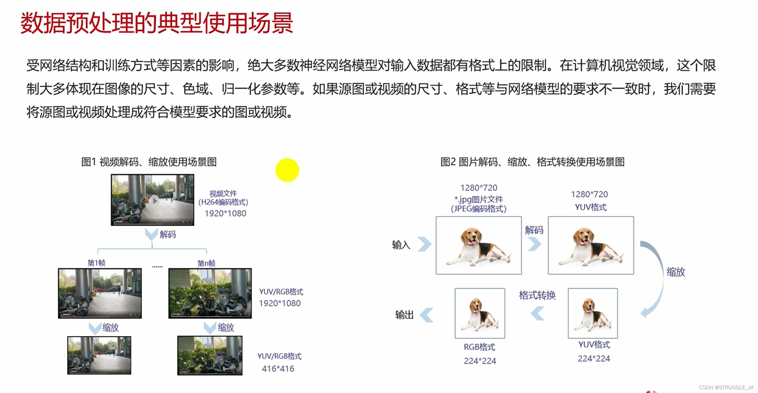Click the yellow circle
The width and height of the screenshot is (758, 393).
pos(287,170)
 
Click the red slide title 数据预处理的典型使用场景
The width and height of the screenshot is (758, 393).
pos(157,23)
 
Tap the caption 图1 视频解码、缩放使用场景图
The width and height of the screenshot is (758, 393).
pos(149,162)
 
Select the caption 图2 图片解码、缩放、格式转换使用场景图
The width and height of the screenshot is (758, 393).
pos(532,162)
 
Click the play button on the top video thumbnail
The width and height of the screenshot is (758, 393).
pos(155,201)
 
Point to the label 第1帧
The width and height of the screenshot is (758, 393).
pos(96,263)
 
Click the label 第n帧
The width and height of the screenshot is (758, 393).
pos(206,263)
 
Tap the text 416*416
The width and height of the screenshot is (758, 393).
pos(278,369)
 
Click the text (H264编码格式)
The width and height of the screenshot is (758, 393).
pos(223,202)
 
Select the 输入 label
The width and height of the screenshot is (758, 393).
pos(401,245)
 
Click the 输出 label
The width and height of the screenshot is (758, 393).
pos(404,315)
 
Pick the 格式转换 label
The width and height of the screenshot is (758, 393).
pos(537,295)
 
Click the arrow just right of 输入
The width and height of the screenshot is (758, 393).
pos(424,244)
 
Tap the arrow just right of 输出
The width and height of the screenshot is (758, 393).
pos(427,315)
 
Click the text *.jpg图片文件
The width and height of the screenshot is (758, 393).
pos(479,199)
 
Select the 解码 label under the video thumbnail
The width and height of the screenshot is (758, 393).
pos(168,234)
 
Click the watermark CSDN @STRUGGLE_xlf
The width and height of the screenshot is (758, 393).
pos(726,388)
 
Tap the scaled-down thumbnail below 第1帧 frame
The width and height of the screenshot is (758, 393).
pos(99,355)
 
